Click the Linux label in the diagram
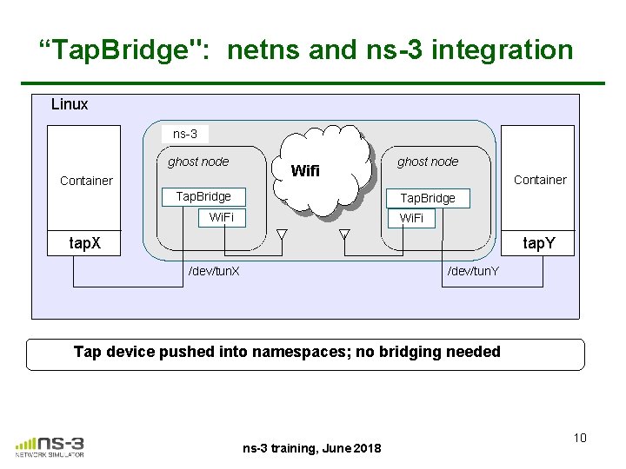(x=70, y=104)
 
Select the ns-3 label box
(x=185, y=134)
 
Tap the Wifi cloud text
(x=304, y=171)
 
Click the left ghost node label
(x=198, y=162)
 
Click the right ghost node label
(x=428, y=162)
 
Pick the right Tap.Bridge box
(x=427, y=198)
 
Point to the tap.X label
(x=85, y=242)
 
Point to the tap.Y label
(x=539, y=243)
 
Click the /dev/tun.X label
(x=215, y=271)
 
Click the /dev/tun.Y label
(x=473, y=271)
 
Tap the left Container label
(x=86, y=181)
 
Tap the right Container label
(x=540, y=180)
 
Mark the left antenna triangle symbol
(x=282, y=233)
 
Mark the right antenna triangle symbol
(x=344, y=233)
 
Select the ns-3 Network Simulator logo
(x=50, y=445)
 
